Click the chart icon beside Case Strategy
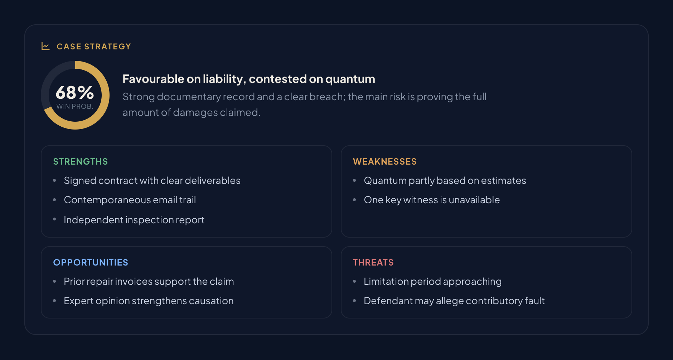(x=45, y=46)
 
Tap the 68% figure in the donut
(x=75, y=92)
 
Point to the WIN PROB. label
(x=75, y=106)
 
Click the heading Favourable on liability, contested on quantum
(x=249, y=79)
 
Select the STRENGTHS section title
(x=81, y=161)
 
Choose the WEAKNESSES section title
(x=385, y=161)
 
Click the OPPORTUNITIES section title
(x=91, y=262)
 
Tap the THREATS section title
(x=373, y=262)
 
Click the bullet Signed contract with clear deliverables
(x=152, y=181)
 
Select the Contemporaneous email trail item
(x=130, y=200)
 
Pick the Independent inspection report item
(x=134, y=220)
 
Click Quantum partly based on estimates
(x=445, y=181)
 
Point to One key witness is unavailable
(x=432, y=200)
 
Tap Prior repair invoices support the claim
(x=149, y=282)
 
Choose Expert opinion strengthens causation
(x=149, y=301)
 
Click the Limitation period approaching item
(x=433, y=282)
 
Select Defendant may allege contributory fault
(x=454, y=301)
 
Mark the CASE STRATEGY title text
(x=94, y=47)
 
